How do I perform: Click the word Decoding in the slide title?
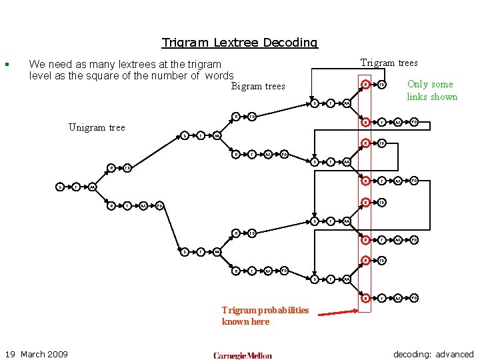pyautogui.click(x=291, y=43)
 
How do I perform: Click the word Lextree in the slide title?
pyautogui.click(x=237, y=43)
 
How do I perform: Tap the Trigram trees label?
pyautogui.click(x=389, y=63)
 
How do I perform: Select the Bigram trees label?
pyautogui.click(x=258, y=86)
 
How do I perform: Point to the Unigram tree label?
pyautogui.click(x=97, y=127)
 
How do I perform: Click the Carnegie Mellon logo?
pyautogui.click(x=243, y=355)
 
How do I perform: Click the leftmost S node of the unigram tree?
pyautogui.click(x=59, y=187)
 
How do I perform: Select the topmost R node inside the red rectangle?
pyautogui.click(x=365, y=85)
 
